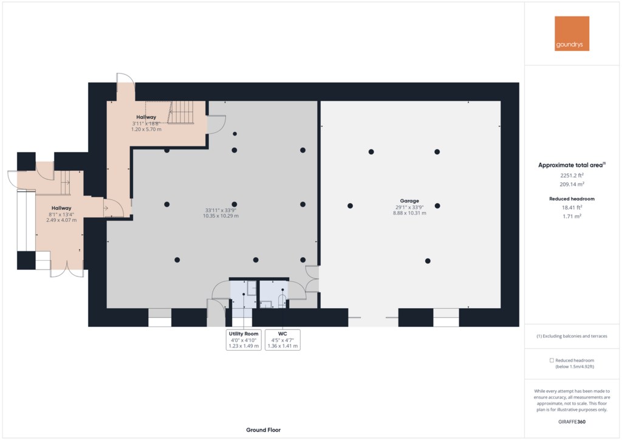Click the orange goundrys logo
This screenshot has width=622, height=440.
pos(572,33)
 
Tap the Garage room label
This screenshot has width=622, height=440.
pos(409,201)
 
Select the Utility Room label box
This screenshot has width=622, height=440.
pos(244,340)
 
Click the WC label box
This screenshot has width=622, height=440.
pos(282,340)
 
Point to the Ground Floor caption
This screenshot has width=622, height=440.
pos(264,430)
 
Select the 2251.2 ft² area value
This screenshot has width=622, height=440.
pos(572,176)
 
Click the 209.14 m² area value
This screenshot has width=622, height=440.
pos(572,184)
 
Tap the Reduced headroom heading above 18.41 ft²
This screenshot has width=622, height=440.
pos(572,199)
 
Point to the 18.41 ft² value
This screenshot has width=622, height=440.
pos(572,207)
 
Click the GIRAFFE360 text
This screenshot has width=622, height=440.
pos(572,422)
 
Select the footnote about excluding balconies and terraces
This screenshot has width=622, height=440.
pos(572,336)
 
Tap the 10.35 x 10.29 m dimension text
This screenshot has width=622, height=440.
pos(221,216)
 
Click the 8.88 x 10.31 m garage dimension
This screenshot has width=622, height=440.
pos(409,213)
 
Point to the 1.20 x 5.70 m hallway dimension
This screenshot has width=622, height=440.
pos(146,129)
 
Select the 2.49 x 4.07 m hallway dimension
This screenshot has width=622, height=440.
pos(61,220)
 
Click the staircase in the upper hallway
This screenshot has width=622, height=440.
pos(182,112)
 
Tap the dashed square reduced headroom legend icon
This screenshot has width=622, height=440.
pos(552,360)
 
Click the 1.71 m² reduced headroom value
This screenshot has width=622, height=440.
pos(572,216)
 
